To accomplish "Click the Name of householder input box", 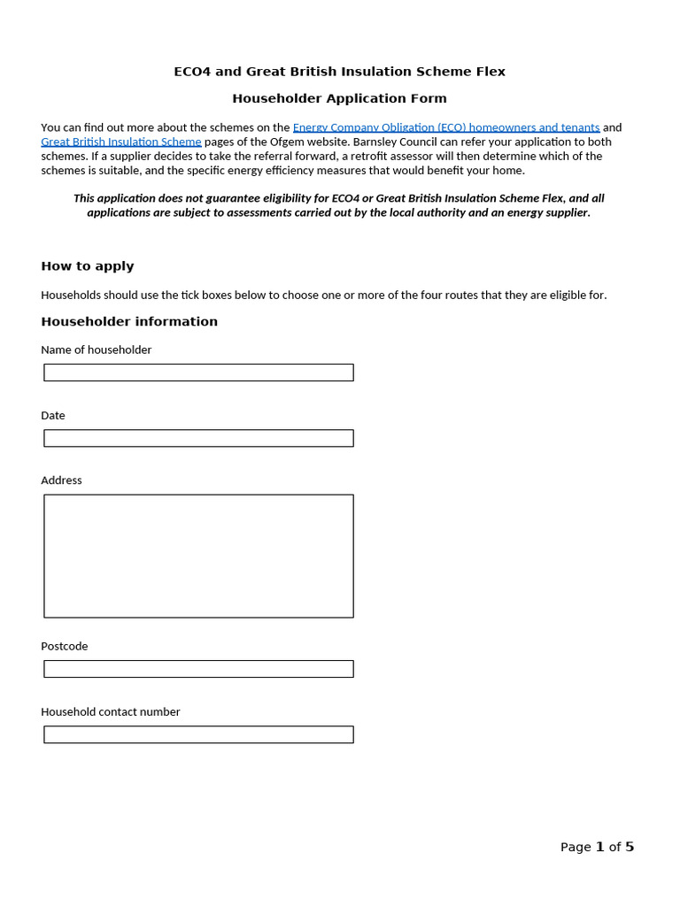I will (x=198, y=372).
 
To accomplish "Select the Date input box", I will (x=198, y=438).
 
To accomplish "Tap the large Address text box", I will (x=198, y=556).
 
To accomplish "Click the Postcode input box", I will (x=198, y=669).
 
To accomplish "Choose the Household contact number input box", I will (x=198, y=734).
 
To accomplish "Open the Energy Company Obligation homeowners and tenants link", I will (x=446, y=127).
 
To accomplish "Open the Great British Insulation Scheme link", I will (x=121, y=142).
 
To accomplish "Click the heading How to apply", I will (x=88, y=266).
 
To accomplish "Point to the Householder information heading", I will (x=129, y=321).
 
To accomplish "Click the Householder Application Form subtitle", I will (x=339, y=98).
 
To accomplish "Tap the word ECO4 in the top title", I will (x=193, y=72).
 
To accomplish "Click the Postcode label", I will (x=65, y=646).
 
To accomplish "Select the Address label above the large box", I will (x=61, y=480).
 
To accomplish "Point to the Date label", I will (x=53, y=415).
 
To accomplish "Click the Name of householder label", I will (x=97, y=349).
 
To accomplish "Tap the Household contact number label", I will (x=111, y=711).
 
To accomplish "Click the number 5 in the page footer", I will (x=630, y=847).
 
